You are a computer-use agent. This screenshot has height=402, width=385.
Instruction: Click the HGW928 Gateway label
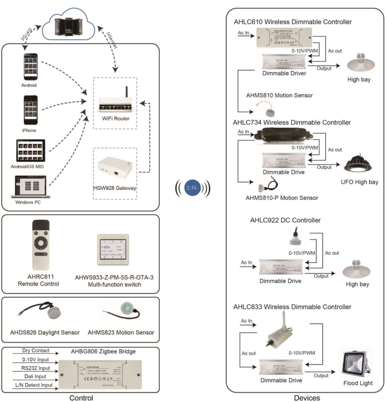coord(116,188)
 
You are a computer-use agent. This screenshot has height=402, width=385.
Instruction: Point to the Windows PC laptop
coord(30,187)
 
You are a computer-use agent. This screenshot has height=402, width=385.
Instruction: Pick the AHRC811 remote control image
coord(43,245)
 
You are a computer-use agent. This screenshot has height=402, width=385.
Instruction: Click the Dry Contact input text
coord(36,350)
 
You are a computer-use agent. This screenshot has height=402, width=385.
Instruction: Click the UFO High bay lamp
coord(356,164)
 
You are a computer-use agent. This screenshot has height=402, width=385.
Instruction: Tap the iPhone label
coord(29,130)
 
